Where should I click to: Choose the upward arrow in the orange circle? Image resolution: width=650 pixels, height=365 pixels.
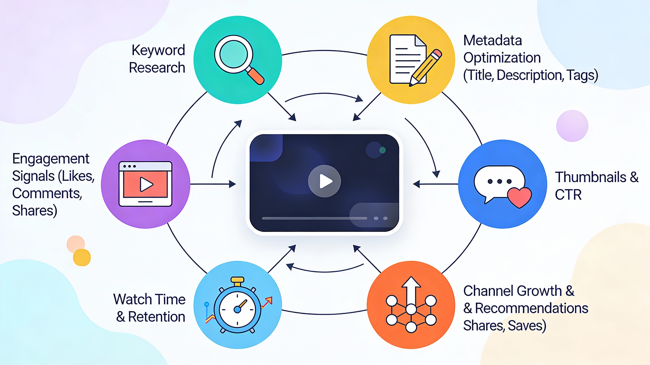[411, 290]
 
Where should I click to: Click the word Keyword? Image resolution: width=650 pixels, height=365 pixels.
[158, 50]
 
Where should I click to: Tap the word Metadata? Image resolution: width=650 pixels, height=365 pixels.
[492, 40]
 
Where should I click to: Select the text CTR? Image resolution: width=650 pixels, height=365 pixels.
[568, 195]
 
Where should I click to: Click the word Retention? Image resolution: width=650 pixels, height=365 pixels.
[157, 317]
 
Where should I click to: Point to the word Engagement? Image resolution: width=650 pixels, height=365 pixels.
[51, 159]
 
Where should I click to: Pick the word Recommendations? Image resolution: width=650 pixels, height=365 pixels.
[531, 308]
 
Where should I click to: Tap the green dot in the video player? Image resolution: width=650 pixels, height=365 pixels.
[383, 150]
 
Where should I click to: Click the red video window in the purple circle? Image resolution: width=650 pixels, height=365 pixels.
[145, 184]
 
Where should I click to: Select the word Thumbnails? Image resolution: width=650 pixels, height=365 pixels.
[590, 177]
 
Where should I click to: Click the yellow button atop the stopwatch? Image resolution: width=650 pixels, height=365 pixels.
[237, 280]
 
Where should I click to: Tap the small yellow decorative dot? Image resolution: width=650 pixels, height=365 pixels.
[82, 257]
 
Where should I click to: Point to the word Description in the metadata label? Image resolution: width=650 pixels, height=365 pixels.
[530, 75]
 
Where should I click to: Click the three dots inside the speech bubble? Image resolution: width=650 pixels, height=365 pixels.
[500, 181]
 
